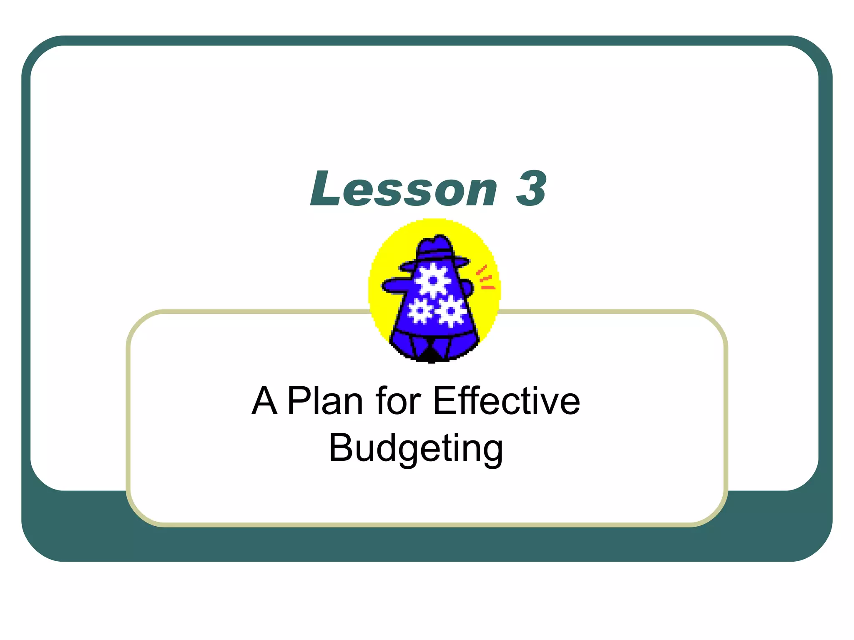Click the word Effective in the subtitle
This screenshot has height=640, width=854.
(x=506, y=401)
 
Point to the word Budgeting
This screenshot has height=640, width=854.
(x=416, y=449)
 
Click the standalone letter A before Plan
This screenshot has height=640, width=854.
(x=264, y=401)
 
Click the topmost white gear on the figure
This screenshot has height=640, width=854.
(x=434, y=280)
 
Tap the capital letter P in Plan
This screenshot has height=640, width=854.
(x=299, y=401)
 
